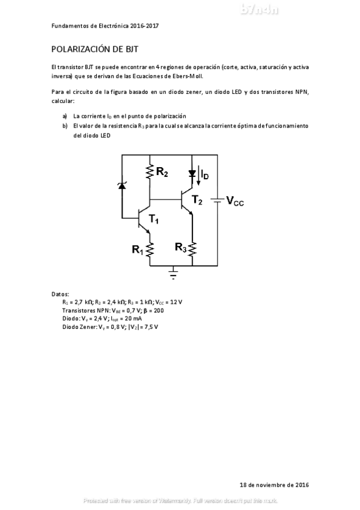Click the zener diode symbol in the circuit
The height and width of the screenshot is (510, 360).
[122, 185]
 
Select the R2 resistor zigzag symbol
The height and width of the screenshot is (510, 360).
[149, 173]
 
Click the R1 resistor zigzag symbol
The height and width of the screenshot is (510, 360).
[149, 248]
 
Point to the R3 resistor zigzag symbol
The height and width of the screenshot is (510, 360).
[192, 248]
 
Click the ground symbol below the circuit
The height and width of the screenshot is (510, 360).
[174, 273]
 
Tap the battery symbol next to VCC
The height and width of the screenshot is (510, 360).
[217, 200]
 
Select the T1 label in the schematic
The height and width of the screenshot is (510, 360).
[154, 221]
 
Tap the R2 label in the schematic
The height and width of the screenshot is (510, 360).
[162, 173]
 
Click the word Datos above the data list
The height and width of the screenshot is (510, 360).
[61, 293]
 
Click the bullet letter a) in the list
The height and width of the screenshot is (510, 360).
[65, 115]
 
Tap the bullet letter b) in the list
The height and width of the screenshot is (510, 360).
[65, 126]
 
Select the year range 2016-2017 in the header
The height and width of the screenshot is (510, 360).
[144, 26]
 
